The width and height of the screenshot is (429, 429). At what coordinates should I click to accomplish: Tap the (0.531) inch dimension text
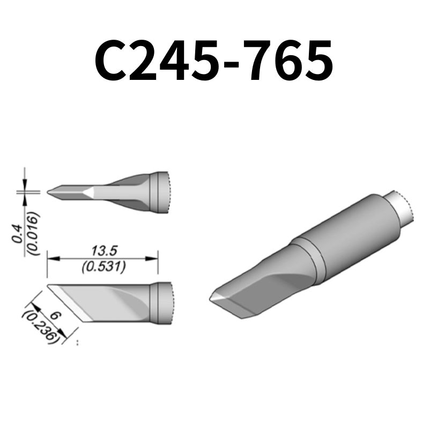coord(102,267)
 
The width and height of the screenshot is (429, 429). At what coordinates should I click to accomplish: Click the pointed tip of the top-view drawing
coord(49,191)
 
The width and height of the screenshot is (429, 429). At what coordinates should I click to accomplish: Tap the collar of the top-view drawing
coord(159,192)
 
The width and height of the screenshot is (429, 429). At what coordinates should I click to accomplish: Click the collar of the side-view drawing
coord(159,302)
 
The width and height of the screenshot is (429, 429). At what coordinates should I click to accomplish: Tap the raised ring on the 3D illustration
coord(311,260)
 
